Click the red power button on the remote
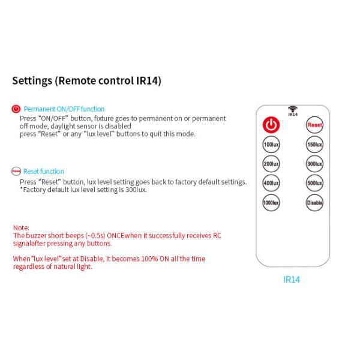(272, 125)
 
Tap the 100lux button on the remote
(272, 145)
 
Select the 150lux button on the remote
(314, 145)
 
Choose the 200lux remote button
(272, 164)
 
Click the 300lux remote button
(314, 164)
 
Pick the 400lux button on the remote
(272, 183)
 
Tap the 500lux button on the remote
(314, 183)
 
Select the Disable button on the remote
(314, 203)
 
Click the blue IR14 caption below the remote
(292, 280)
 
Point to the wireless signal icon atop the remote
(293, 109)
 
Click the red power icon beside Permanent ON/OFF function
(16, 109)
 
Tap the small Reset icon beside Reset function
(16, 171)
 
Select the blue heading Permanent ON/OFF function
(64, 109)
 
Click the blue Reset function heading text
(44, 172)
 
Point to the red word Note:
(22, 228)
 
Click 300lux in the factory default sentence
(135, 190)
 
